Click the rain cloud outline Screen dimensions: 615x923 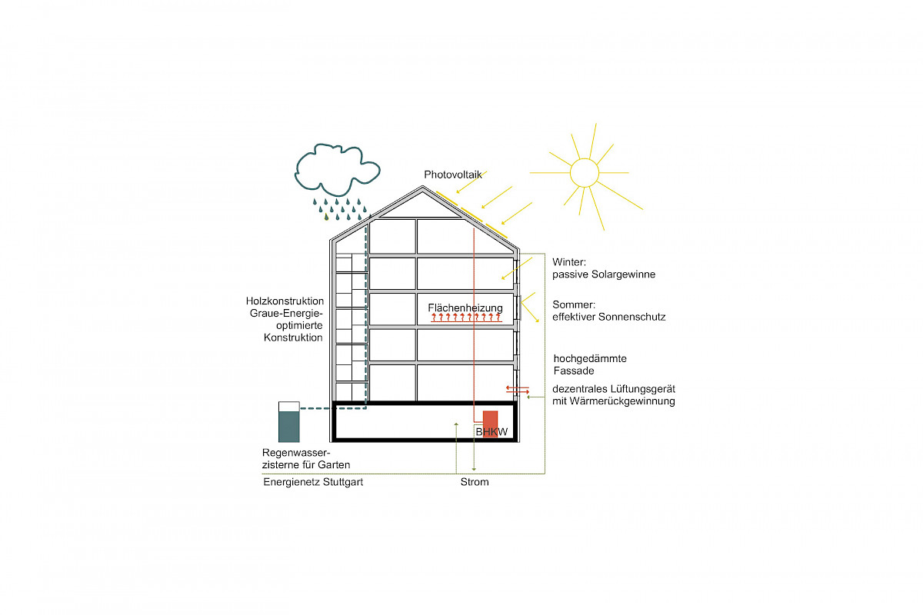point(335,171)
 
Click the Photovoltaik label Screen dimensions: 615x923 point(453,175)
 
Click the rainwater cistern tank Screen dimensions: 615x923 point(288,427)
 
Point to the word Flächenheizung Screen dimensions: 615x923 point(465,308)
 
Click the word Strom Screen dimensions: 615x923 point(475,482)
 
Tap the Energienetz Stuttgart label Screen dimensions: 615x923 point(313,482)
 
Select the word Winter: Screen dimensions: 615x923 point(569,262)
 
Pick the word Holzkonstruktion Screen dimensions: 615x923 point(285,301)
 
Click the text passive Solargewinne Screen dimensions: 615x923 point(604,274)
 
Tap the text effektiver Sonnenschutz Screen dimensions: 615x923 point(609,317)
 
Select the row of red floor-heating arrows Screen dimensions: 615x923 point(466,317)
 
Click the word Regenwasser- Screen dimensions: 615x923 point(295,453)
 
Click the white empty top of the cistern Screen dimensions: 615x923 point(288,406)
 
